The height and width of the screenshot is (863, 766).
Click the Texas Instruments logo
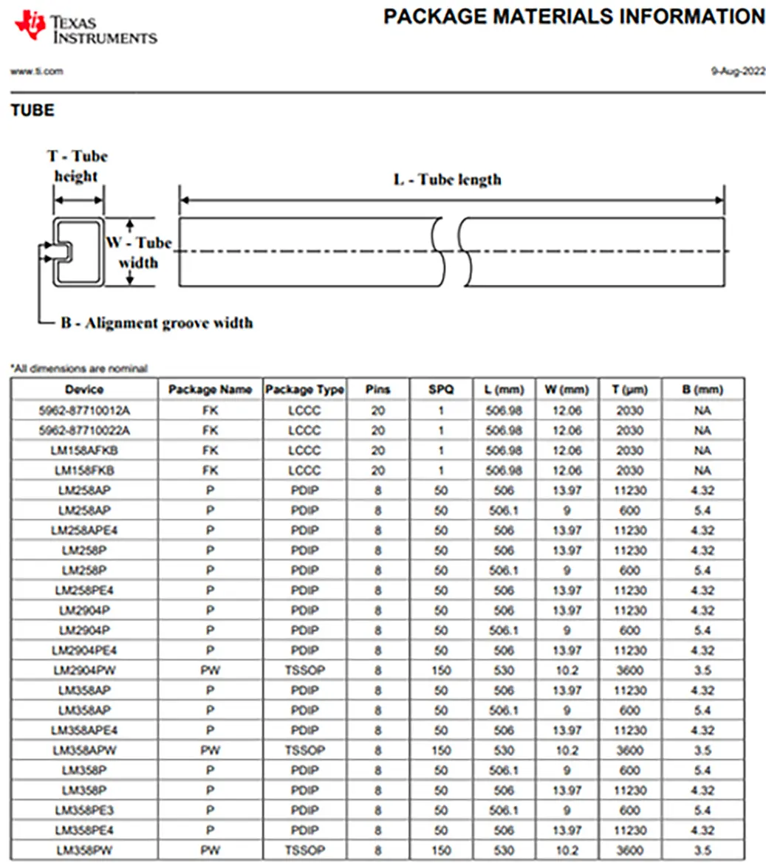coord(86,27)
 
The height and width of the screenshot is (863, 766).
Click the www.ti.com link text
coord(36,72)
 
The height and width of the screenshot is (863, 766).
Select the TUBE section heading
coord(33,111)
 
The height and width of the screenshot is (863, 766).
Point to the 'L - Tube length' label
coord(447,179)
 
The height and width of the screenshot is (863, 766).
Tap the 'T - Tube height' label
coord(77,166)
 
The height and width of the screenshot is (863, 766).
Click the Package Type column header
coord(304,389)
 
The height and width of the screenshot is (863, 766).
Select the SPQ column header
coord(441,389)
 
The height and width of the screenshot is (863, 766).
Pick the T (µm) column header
coord(629,389)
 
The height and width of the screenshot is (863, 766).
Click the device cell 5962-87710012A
coord(84,410)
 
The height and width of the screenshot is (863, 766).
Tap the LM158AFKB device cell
coord(84,450)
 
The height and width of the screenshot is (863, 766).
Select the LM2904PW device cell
coord(84,670)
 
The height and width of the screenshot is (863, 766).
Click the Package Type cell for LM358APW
coord(304,750)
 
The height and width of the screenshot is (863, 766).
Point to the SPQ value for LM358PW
coord(441,850)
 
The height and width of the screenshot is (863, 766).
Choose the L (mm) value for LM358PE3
coord(504,811)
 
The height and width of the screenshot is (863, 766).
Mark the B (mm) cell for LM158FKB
coord(702,470)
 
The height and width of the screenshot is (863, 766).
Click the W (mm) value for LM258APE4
coord(567,530)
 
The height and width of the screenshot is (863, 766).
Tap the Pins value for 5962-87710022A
coord(377,430)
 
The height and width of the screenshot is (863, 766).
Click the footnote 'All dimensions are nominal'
coord(79,368)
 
